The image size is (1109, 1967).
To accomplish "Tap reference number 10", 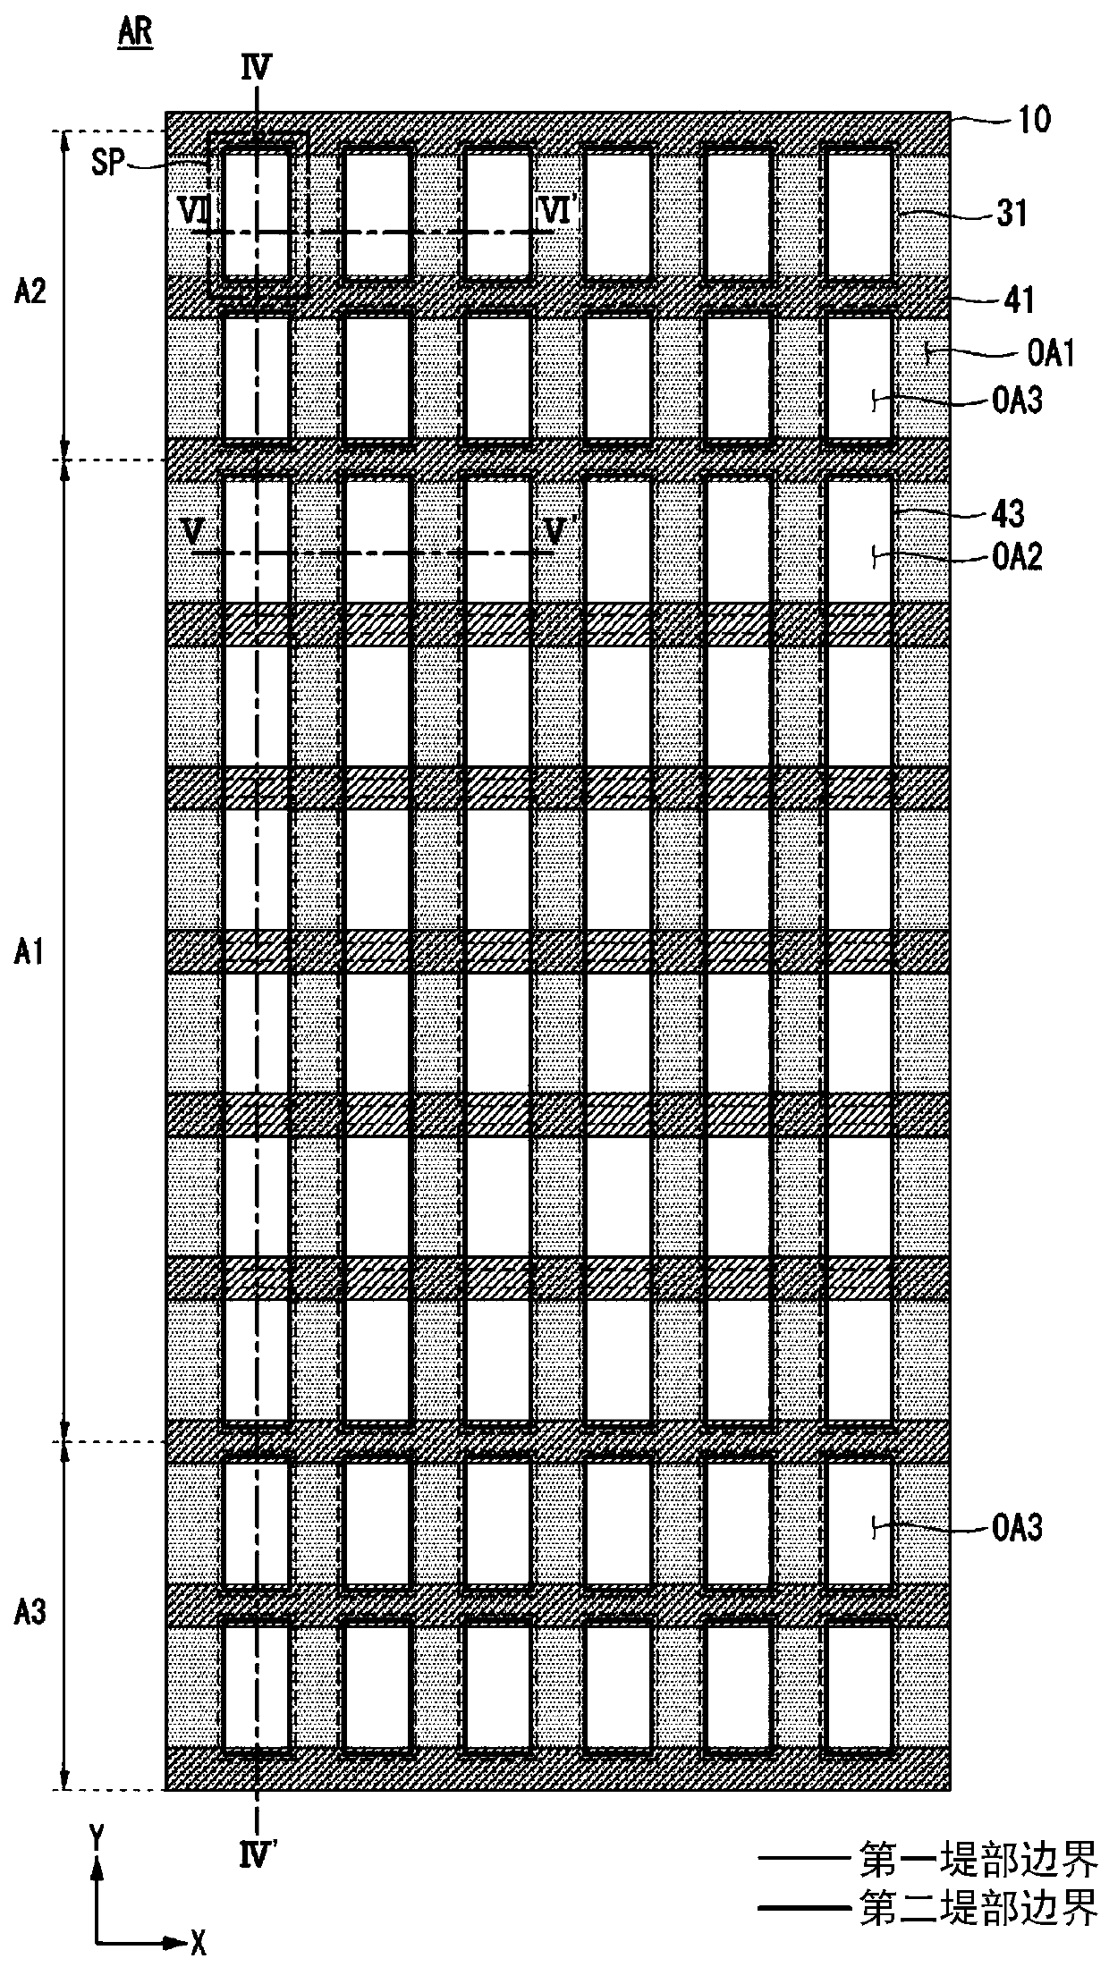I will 1035,120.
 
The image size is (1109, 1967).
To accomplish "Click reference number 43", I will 1007,514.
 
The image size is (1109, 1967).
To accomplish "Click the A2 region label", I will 30,293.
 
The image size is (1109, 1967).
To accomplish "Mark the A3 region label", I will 30,1613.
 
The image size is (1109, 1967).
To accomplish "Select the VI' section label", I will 559,211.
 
